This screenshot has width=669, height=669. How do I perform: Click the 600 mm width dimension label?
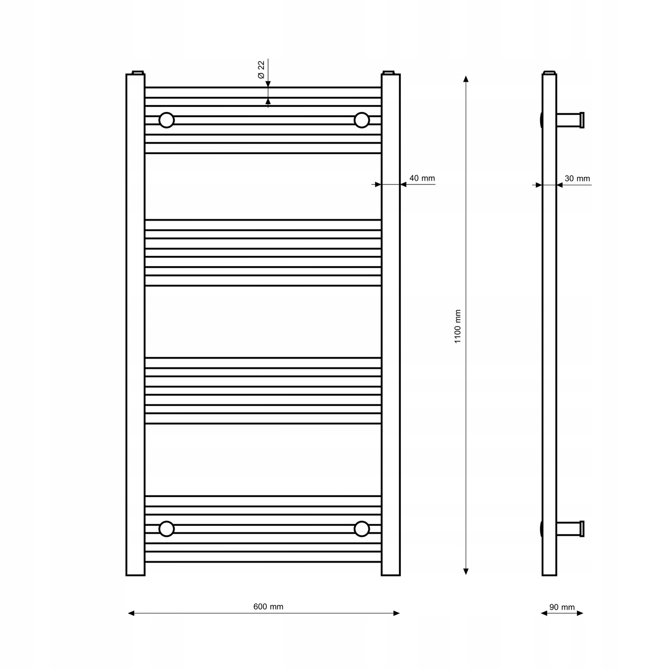[x=268, y=606]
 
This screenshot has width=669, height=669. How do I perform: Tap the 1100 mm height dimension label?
[x=458, y=326]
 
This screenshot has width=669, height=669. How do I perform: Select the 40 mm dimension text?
[x=422, y=178]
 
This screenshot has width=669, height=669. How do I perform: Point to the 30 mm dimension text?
[x=577, y=178]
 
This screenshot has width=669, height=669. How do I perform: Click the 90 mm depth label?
[x=562, y=607]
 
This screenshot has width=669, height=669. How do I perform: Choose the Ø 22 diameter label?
[x=261, y=69]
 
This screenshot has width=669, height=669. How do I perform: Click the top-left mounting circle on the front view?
[x=167, y=120]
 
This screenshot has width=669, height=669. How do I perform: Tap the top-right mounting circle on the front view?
[x=362, y=120]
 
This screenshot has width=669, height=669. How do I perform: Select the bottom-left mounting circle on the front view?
[x=167, y=529]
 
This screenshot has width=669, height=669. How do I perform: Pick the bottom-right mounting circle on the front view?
[x=362, y=529]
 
